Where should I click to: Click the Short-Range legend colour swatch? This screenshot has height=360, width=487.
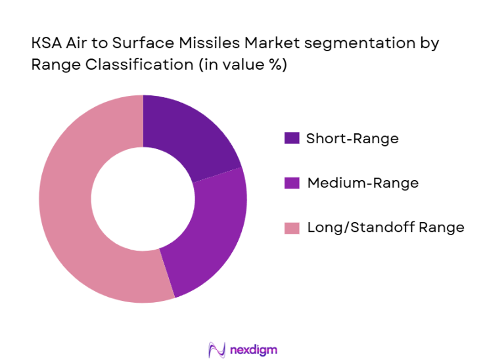click(291, 138)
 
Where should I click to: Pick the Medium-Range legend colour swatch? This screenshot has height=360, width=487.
click(291, 183)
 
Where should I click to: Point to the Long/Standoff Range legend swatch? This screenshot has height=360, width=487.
click(291, 228)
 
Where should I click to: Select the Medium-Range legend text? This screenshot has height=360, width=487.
click(362, 183)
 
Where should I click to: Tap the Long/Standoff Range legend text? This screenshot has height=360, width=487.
click(385, 228)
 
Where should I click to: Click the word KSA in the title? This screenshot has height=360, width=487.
click(45, 44)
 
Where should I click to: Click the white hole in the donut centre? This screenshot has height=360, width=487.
click(143, 199)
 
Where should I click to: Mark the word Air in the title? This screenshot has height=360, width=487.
click(76, 44)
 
